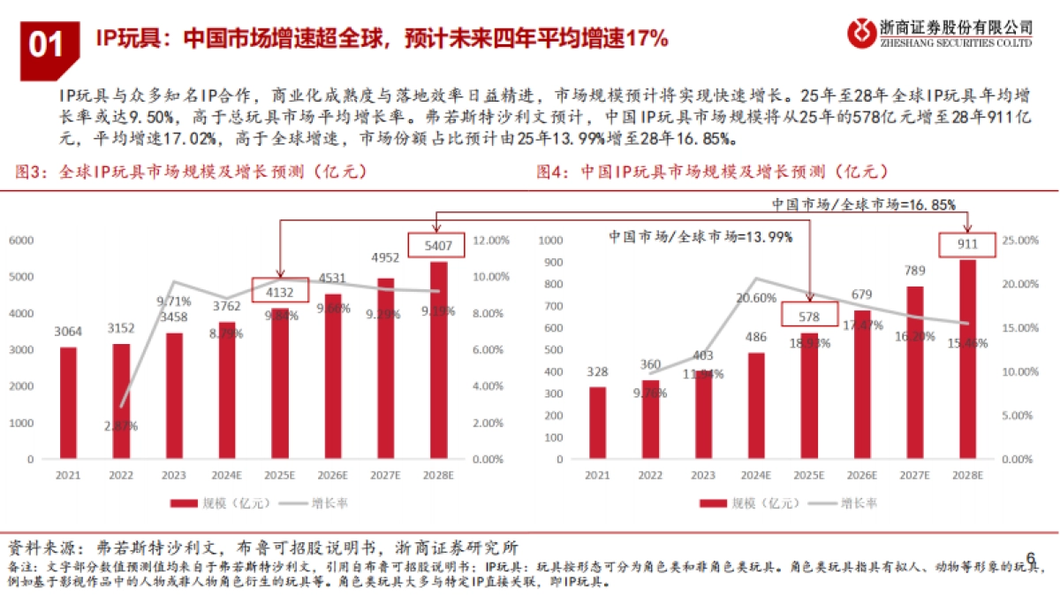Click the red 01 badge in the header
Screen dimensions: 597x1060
[x=46, y=42]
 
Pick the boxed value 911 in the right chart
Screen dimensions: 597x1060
[x=968, y=244]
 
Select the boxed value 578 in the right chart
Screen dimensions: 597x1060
[x=809, y=316]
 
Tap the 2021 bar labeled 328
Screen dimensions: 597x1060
[x=598, y=423]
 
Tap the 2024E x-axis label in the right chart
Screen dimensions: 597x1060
[x=756, y=476]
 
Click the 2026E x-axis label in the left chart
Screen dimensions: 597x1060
[x=333, y=476]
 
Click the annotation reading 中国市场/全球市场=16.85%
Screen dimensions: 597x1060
[x=863, y=204]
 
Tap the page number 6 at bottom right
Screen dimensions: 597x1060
[x=1030, y=557]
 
